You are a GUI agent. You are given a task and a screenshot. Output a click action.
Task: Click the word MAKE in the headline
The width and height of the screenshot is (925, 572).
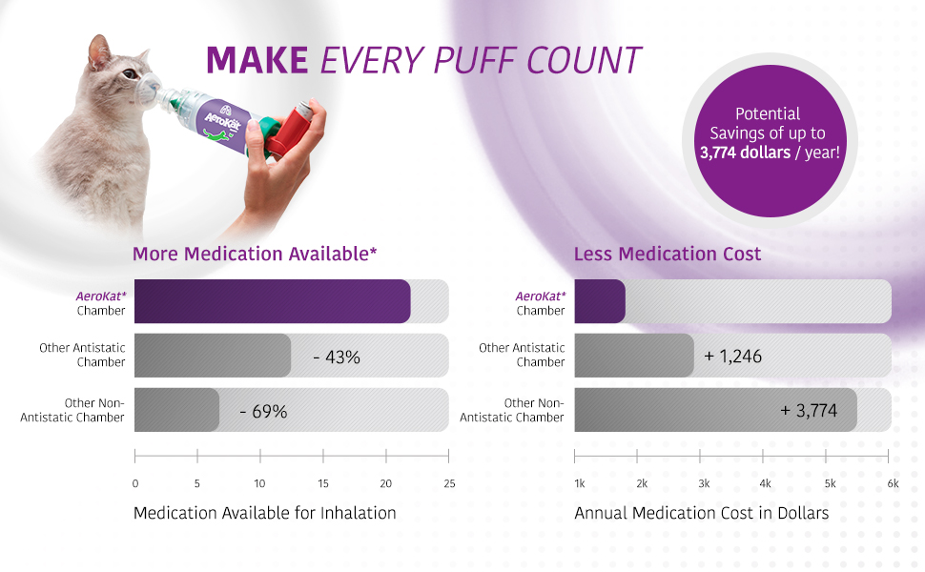257,60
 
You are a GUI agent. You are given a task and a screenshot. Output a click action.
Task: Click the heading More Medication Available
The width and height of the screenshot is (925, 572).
255,254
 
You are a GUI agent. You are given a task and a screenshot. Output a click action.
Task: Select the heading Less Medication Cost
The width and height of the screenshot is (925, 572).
668,254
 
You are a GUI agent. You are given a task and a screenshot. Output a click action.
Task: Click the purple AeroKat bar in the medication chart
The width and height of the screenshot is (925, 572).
272,301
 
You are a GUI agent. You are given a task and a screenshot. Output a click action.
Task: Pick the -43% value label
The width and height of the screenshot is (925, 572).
337,357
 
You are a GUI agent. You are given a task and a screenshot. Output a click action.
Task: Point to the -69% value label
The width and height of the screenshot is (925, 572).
263,412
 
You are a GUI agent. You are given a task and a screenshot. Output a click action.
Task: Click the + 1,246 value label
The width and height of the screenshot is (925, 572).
732,357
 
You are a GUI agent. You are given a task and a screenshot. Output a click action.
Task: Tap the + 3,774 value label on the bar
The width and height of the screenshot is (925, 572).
809,411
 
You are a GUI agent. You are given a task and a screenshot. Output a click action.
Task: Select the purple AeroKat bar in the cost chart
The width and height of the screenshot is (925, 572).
600,301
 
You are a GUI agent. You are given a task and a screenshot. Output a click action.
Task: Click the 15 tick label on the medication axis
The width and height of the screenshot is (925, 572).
322,483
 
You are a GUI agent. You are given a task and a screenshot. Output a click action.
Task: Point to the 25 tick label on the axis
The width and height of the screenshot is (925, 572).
449,483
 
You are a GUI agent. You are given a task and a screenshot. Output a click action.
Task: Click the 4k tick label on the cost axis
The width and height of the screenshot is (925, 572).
766,483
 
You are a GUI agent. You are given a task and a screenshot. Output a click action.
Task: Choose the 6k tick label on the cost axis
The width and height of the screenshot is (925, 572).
893,483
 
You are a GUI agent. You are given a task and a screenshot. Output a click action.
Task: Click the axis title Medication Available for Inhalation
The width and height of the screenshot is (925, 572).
264,513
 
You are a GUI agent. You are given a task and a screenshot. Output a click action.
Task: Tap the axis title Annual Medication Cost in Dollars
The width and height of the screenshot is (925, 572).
701,513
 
